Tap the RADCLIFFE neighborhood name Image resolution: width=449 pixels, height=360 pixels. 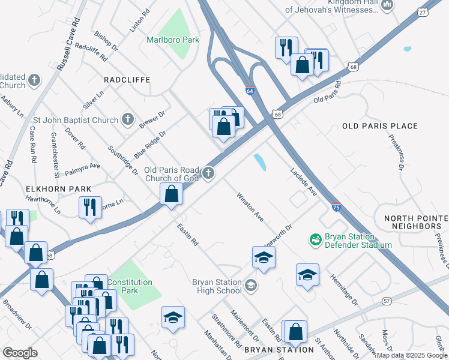[x=126, y=79]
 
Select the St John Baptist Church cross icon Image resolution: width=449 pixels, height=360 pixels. [x=127, y=119]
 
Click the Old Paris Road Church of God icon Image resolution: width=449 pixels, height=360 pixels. [x=208, y=173]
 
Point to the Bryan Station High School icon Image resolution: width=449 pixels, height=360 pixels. [x=251, y=285]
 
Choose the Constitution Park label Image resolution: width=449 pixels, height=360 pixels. [x=130, y=286]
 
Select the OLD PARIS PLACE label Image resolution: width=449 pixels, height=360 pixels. [x=379, y=126]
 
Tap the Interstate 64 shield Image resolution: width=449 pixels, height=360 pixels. [x=250, y=91]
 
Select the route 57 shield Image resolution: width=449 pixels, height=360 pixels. [x=387, y=300]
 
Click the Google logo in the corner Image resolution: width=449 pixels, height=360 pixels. [x=20, y=352]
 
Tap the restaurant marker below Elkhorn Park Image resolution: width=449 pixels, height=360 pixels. [x=91, y=207]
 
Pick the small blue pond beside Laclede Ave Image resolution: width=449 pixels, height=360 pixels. [x=260, y=162]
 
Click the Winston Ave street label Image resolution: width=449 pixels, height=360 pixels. [x=250, y=207]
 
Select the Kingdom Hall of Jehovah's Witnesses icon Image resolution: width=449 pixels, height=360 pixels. [x=387, y=5]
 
